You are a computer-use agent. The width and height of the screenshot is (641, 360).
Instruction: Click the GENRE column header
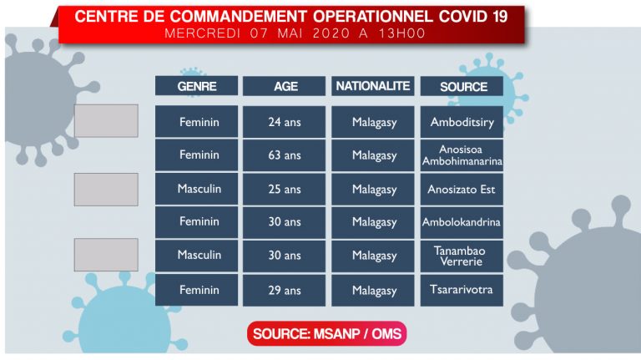[x=196, y=86]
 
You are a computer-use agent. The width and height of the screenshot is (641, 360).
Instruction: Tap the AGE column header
[x=284, y=86]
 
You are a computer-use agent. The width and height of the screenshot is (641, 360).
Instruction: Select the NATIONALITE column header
[x=373, y=86]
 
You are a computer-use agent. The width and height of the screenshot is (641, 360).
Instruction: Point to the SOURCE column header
[x=462, y=86]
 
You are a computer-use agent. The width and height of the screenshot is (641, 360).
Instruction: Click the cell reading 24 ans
[x=284, y=122]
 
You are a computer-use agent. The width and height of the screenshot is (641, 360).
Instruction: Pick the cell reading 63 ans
[x=284, y=155]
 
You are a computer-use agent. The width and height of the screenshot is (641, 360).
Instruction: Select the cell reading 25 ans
[x=284, y=189]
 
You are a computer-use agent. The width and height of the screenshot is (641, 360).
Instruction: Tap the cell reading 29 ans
[x=284, y=290]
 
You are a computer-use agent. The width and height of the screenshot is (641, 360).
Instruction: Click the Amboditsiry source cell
[x=462, y=122]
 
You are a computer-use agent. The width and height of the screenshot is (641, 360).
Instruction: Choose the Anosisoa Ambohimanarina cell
[x=462, y=155]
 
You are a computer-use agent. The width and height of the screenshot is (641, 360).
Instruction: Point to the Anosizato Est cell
[x=462, y=189]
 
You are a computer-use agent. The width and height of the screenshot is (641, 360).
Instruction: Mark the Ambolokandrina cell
[x=462, y=222]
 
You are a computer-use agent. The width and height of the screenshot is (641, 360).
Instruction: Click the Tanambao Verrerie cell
[x=462, y=256]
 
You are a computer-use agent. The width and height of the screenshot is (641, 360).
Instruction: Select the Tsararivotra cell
[x=462, y=290]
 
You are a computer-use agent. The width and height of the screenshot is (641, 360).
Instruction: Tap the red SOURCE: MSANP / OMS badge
[x=327, y=333]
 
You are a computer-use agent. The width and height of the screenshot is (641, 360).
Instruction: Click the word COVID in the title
[x=462, y=17]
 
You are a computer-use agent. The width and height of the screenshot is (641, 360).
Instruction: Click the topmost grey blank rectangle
[x=106, y=120]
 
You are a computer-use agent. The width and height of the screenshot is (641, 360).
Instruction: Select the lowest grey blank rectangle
[x=106, y=255]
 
